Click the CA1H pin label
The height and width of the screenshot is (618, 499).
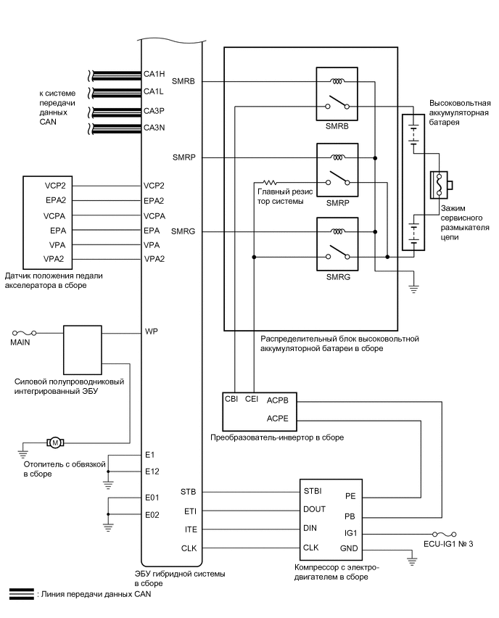[x=155, y=73]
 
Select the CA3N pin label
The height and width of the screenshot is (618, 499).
[x=155, y=128]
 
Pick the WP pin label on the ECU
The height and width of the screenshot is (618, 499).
[x=151, y=331]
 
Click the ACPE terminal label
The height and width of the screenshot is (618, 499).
[x=279, y=419]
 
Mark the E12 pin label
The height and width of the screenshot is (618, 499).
[x=152, y=471]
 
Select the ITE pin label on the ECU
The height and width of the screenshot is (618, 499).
[x=190, y=530]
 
